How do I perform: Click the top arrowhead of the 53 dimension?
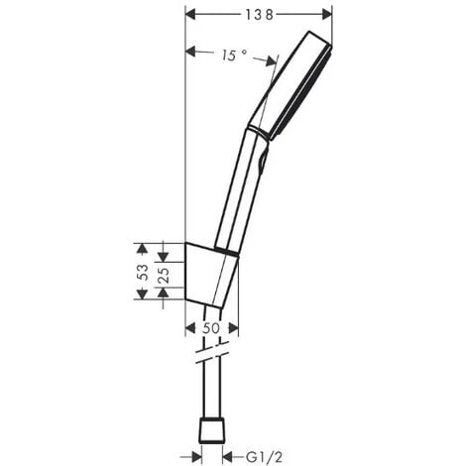pyautogui.click(x=142, y=246)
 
